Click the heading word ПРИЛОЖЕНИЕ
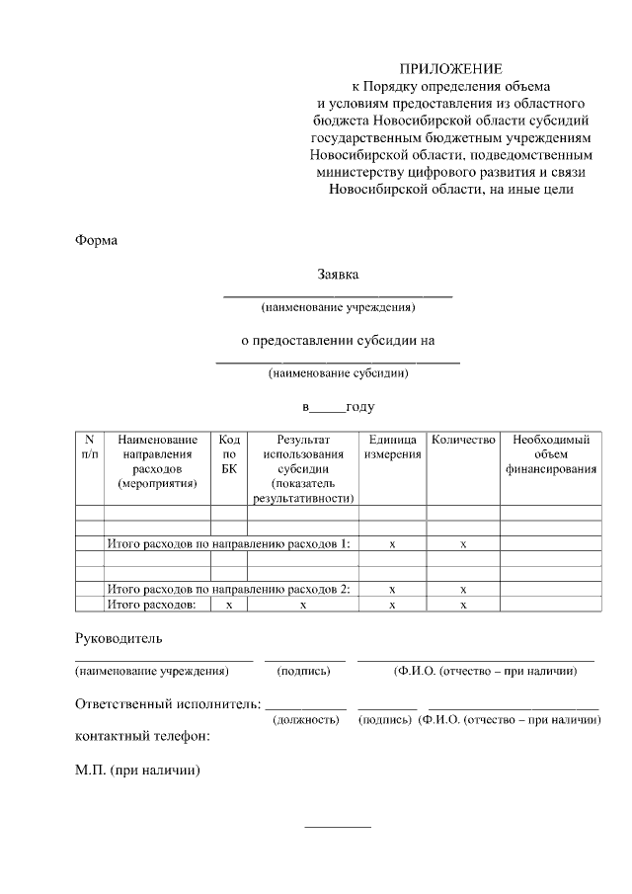(x=450, y=69)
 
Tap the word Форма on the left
(x=97, y=240)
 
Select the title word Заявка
(x=338, y=274)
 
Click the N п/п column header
(x=90, y=446)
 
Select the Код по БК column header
(x=229, y=453)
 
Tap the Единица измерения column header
(x=392, y=446)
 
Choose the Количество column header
(x=463, y=439)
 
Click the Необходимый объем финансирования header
(x=551, y=453)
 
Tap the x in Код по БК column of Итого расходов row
(x=229, y=604)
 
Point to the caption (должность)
(x=306, y=720)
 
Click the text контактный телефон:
(x=142, y=736)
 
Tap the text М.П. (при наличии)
(x=137, y=769)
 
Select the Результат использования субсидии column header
(x=302, y=468)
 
